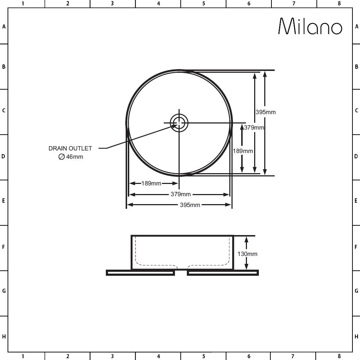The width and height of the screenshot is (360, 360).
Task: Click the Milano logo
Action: click(310, 26)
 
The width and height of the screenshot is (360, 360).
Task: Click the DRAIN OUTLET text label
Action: click(70, 148)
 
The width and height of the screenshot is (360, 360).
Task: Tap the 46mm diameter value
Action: click(75, 157)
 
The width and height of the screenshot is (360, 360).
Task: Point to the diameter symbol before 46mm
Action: click(61, 157)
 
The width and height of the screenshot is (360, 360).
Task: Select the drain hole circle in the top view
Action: click(179, 123)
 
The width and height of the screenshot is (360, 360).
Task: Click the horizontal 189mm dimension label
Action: click(151, 184)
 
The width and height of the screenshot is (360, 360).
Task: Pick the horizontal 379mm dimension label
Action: click(181, 194)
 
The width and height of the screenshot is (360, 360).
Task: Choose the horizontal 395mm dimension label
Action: click(190, 205)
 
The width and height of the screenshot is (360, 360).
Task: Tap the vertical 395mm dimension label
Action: click(266, 112)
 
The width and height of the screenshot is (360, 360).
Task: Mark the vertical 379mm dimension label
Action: click(254, 127)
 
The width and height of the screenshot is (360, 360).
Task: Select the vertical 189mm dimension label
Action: click(243, 151)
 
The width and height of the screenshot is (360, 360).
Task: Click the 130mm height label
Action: click(247, 254)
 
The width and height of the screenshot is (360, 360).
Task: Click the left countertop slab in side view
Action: click(140, 273)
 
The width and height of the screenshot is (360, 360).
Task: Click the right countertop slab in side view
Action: click(223, 273)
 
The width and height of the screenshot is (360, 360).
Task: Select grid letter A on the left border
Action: click(4, 27)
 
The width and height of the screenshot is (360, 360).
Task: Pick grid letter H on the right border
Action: click(356, 337)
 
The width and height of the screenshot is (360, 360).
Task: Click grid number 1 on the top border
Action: click(23, 4)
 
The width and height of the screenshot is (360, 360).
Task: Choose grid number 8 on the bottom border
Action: click(339, 356)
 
